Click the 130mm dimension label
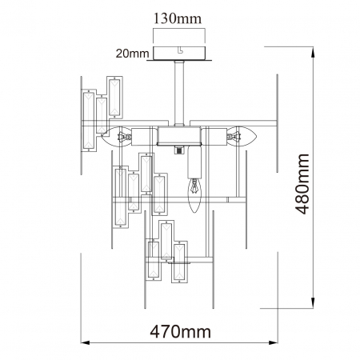pyautogui.click(x=178, y=18)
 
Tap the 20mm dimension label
pyautogui.click(x=132, y=54)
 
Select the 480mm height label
pyautogui.click(x=302, y=184)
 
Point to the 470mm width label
pyautogui.click(x=181, y=332)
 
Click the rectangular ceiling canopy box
pyautogui.click(x=179, y=53)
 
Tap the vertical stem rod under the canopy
pyautogui.click(x=178, y=93)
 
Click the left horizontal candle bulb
pyautogui.click(x=116, y=137)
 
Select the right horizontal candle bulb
pyautogui.click(x=242, y=136)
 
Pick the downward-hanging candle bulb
pyautogui.click(x=194, y=195)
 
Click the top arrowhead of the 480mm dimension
pyautogui.click(x=313, y=51)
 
